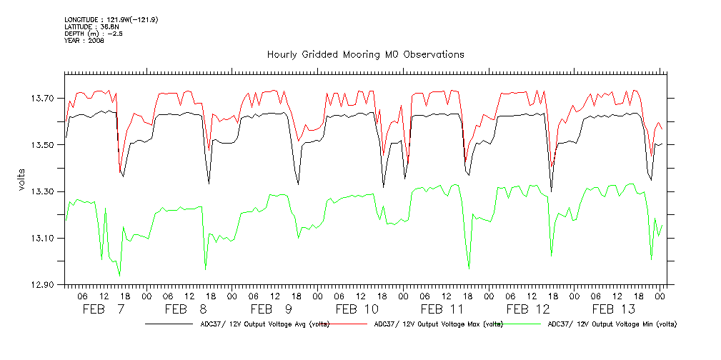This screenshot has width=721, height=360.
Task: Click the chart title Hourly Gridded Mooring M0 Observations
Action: pos(365,54)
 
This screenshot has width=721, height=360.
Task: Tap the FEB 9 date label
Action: pos(272,309)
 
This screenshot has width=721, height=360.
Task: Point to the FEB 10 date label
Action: pos(357,309)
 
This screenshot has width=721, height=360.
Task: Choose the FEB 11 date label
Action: pos(442,309)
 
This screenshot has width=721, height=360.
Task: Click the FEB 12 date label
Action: pos(528,309)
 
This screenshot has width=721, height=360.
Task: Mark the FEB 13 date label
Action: pos(614,309)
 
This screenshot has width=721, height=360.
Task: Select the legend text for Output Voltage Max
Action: pos(435,324)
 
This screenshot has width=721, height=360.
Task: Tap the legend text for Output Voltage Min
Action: pos(611,324)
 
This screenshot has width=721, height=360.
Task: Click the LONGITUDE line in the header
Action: pos(111,19)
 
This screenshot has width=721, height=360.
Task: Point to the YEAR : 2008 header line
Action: pos(84,41)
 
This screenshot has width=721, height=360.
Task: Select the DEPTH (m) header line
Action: pos(93,34)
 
